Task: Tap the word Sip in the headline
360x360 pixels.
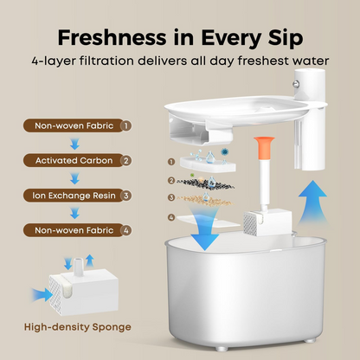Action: (282, 39)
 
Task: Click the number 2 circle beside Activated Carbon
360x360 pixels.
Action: (125, 160)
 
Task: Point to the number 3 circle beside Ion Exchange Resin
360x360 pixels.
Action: (125, 196)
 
